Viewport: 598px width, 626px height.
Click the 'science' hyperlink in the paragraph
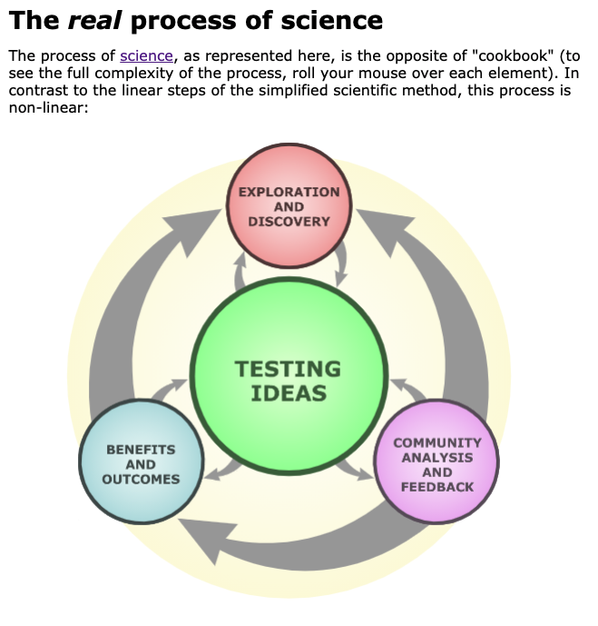coord(145,55)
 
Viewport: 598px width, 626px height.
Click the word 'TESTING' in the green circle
coord(288,370)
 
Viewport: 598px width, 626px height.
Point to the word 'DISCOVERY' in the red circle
coord(289,221)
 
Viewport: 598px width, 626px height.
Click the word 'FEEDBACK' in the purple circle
coord(436,487)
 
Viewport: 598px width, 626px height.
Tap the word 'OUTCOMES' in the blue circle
coord(141,479)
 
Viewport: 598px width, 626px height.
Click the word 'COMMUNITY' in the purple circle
coord(436,442)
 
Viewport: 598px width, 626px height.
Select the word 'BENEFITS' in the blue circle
coord(141,449)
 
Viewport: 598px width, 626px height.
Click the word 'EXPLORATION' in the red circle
coord(289,192)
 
